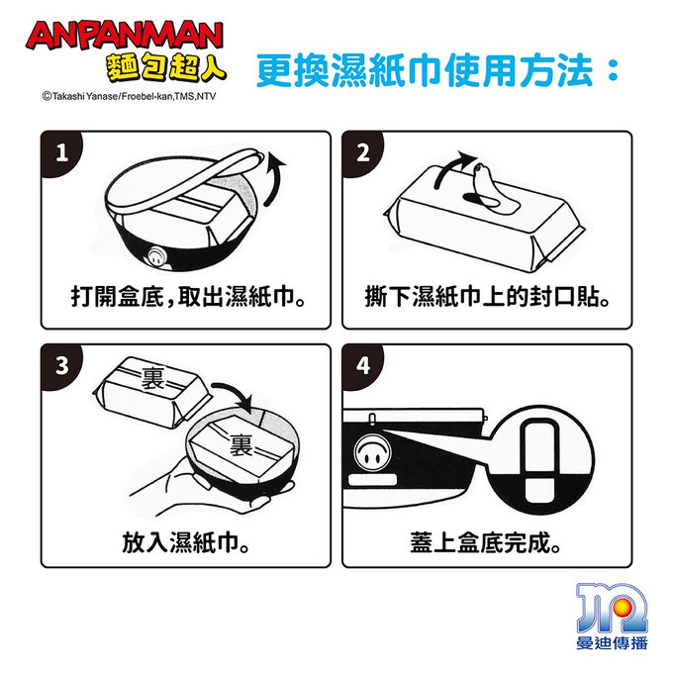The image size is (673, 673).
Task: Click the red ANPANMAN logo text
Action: coord(125,36)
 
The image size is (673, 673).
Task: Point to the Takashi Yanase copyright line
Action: coord(129,96)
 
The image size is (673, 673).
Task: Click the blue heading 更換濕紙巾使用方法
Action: coord(425,71)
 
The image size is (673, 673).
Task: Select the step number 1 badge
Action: coord(61,152)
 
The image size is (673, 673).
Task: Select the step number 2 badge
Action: coord(362,152)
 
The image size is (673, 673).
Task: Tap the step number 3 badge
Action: coord(61,365)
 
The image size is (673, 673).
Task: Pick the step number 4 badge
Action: coord(362,365)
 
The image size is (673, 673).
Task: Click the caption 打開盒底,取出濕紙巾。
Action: coord(188,296)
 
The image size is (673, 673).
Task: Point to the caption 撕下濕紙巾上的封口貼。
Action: coord(487,296)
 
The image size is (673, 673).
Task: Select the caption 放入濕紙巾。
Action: coord(185,542)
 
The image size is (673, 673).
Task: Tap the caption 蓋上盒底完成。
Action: coord(485,542)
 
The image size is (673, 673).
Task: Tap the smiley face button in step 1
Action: coord(155,257)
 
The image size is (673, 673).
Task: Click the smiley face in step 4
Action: coord(372,453)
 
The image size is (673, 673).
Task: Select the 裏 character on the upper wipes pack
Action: coord(153,378)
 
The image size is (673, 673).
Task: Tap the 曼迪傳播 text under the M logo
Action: coord(612,643)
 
